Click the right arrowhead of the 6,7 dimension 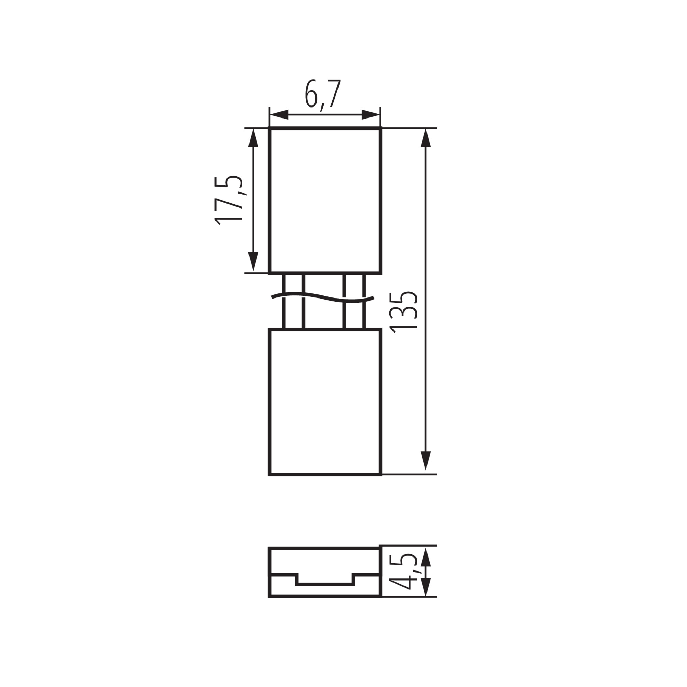pos(371,115)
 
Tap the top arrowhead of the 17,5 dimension pos(253,138)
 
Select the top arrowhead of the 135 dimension pos(425,138)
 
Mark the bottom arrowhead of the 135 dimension pos(425,461)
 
